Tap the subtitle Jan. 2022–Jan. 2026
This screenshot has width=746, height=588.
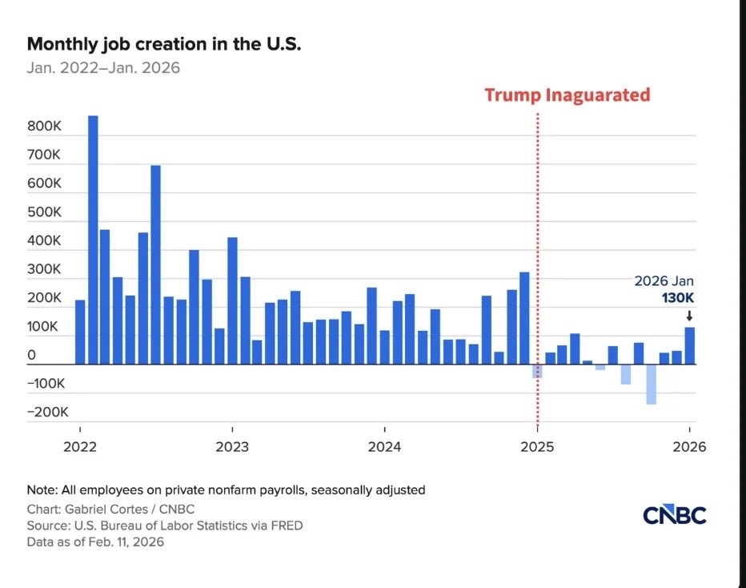coord(103,67)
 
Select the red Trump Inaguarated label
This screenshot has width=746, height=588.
coord(567,95)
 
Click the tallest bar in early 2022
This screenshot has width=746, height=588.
coord(93,240)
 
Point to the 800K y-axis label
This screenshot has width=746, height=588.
coord(44,127)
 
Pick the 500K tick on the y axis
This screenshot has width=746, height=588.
coord(44,212)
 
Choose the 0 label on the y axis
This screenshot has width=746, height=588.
coord(31,356)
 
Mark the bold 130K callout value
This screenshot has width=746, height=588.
coord(677,299)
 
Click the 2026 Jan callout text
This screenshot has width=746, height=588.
coord(664,282)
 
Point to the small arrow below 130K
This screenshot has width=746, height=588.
coord(689,316)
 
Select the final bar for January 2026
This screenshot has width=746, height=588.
coord(689,345)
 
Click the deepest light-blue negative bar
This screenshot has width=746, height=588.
coord(651,384)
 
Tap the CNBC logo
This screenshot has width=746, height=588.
coord(674,515)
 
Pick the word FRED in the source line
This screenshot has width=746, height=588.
coord(286,526)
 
